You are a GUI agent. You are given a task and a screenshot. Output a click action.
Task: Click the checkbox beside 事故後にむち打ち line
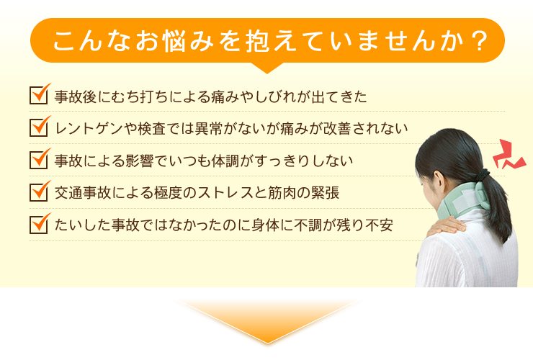(x=38, y=95)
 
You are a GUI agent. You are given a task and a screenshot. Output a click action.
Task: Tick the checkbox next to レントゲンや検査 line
(x=38, y=127)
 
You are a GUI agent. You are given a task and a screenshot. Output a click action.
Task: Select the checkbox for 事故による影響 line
(x=38, y=160)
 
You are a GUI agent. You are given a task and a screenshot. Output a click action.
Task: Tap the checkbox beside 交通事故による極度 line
(x=38, y=192)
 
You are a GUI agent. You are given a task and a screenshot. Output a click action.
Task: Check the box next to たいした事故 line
(x=38, y=225)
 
